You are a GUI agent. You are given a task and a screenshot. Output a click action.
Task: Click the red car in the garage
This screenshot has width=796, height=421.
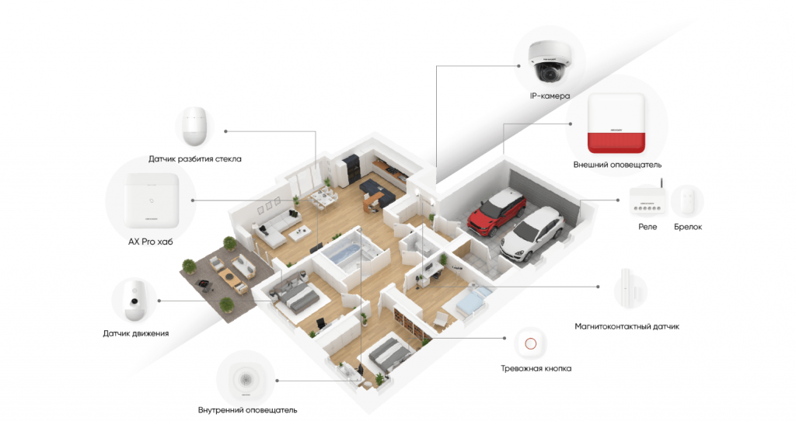point(497,212)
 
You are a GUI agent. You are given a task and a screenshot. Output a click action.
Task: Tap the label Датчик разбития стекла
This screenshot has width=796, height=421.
point(195,158)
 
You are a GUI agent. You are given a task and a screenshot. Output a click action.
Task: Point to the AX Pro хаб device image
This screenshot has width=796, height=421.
point(152,200)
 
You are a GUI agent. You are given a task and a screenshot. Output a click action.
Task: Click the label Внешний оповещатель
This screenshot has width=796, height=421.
point(617,165)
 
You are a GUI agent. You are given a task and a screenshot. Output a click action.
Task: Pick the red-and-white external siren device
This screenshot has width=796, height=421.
point(616,124)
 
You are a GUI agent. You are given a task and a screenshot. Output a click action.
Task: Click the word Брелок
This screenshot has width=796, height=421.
point(688,227)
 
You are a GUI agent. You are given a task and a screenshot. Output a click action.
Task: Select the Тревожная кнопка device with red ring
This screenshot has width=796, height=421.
point(530,344)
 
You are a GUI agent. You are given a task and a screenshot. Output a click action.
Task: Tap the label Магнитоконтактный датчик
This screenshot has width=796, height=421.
point(627,326)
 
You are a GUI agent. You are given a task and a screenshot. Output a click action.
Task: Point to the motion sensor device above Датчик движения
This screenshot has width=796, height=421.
point(135,299)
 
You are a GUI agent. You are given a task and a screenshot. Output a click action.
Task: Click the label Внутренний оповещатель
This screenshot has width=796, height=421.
point(248,410)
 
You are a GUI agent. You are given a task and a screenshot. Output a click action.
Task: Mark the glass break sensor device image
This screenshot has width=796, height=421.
point(195,126)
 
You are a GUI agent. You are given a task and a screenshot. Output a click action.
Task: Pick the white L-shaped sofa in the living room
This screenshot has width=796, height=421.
point(277,227)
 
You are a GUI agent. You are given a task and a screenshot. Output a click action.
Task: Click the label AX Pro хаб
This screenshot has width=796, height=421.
point(150,242)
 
